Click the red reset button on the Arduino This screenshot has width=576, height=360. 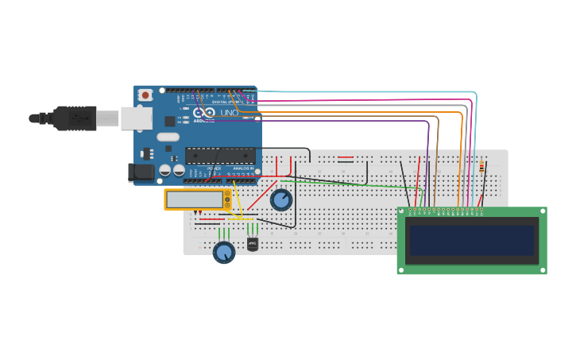[x=145, y=95]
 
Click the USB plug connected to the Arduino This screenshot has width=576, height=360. [x=75, y=118]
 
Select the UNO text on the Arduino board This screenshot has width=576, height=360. [x=229, y=113]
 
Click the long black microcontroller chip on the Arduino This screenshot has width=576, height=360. [x=220, y=156]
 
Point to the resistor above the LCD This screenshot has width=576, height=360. [x=481, y=167]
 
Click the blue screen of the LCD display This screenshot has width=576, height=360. [x=471, y=240]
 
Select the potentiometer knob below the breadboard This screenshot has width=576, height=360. [x=224, y=253]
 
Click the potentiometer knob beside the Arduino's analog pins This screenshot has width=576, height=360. [x=281, y=199]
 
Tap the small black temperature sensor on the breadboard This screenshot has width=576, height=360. [x=253, y=244]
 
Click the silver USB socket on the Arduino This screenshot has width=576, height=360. [x=136, y=118]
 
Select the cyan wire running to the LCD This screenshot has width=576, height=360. [x=365, y=92]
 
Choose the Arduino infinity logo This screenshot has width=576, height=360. [x=204, y=113]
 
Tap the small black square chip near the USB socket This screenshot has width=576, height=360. [x=170, y=122]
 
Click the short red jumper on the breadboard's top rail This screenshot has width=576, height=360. [x=346, y=157]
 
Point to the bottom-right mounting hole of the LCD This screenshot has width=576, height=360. [x=542, y=269]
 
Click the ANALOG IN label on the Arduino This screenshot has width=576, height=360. [x=243, y=168]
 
